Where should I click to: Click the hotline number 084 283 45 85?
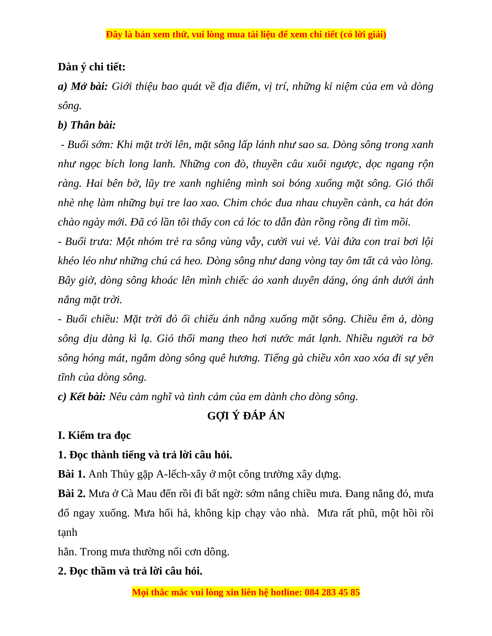click(332, 592)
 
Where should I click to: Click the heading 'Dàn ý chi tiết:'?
click(91, 67)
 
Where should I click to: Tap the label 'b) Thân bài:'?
click(87, 125)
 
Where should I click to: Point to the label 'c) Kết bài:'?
click(82, 397)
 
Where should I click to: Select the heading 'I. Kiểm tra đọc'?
click(94, 435)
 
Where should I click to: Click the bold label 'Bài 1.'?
click(71, 474)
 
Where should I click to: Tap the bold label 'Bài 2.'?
click(71, 494)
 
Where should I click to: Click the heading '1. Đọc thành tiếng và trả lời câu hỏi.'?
click(145, 455)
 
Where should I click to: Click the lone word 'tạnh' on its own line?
click(68, 532)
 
